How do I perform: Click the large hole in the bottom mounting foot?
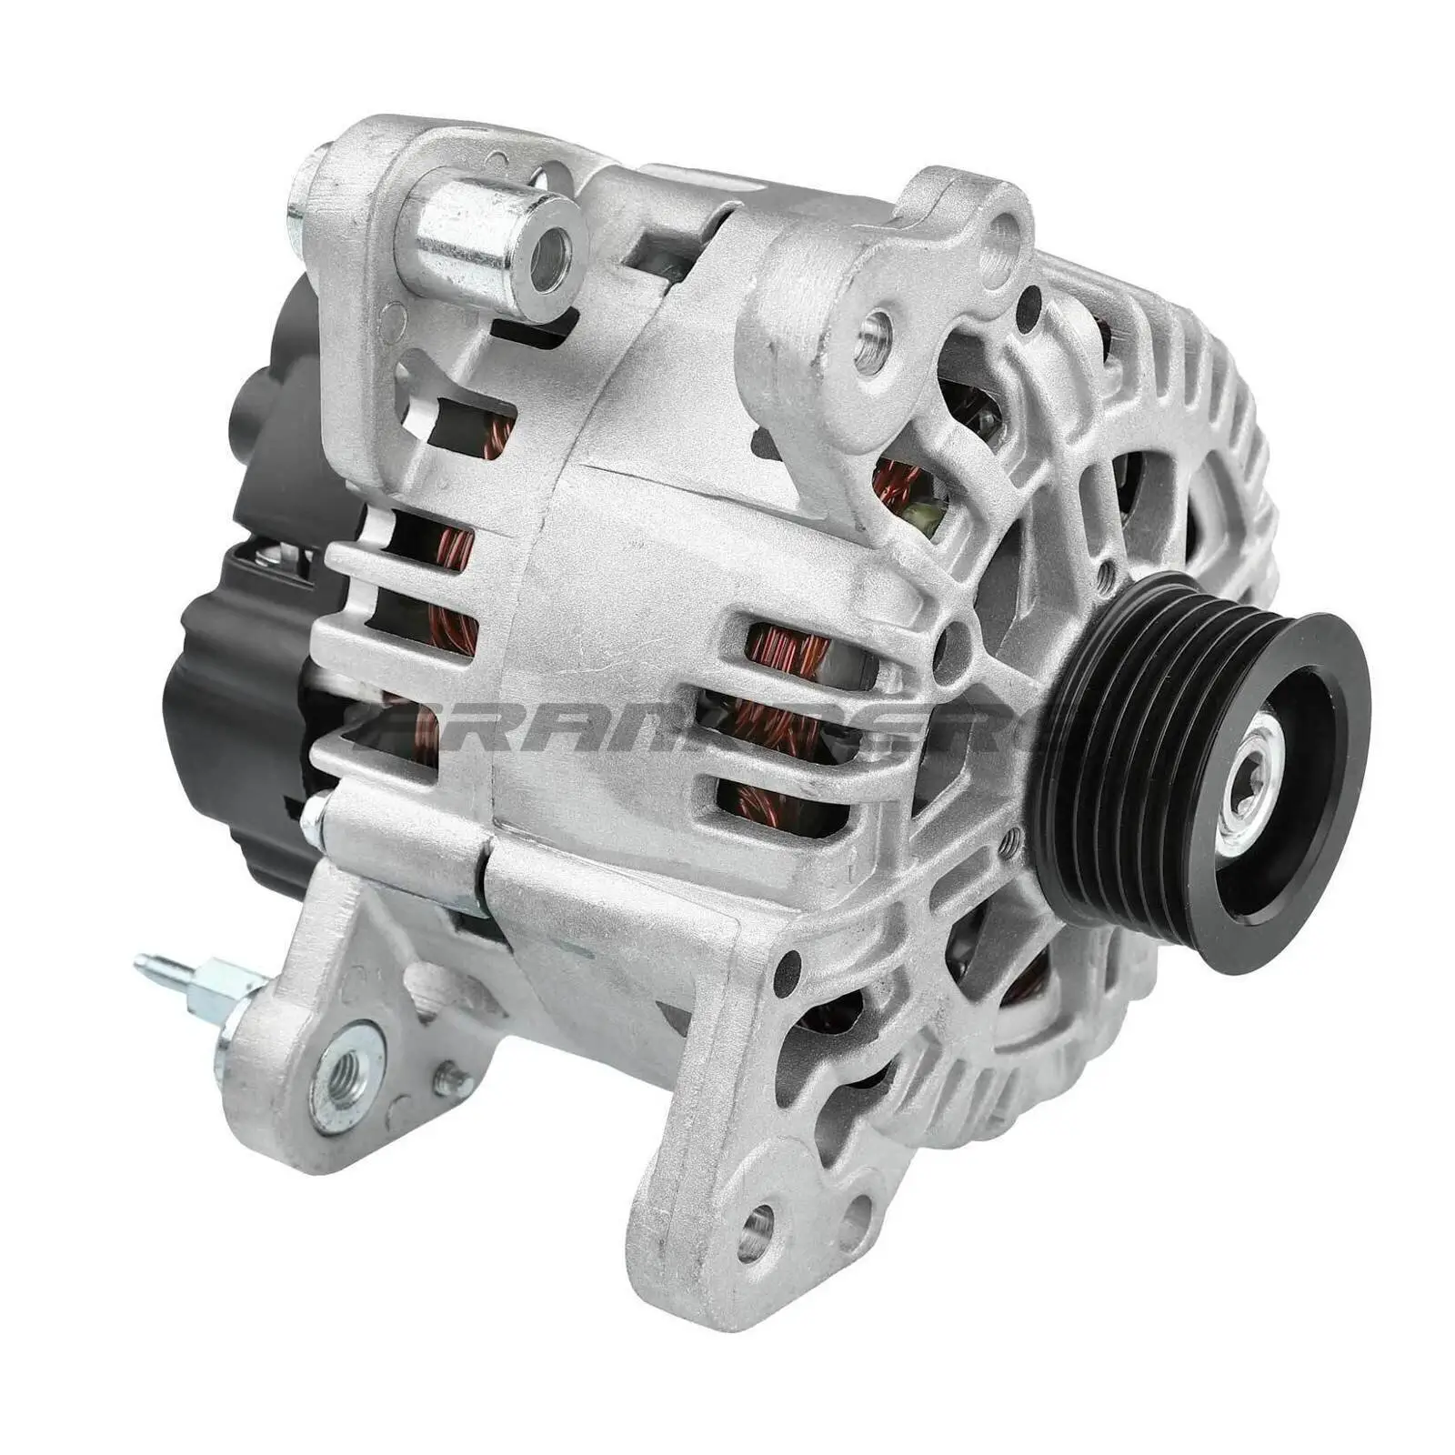click(754, 1232)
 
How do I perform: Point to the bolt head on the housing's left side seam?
click(315, 809)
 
